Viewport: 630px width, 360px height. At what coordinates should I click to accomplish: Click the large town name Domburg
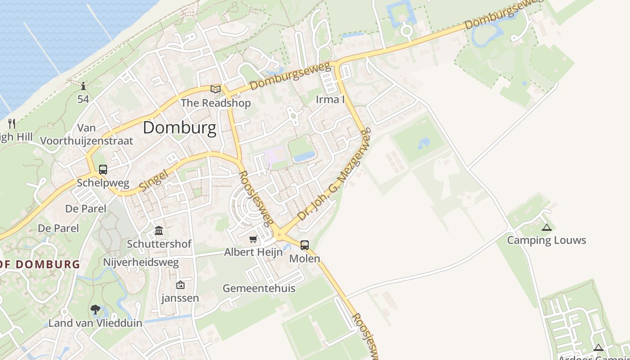tap(180, 128)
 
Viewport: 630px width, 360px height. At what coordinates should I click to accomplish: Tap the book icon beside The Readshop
tap(216, 89)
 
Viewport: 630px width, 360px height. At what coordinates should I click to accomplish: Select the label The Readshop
tap(216, 103)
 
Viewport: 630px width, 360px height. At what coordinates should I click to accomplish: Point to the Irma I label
tap(330, 99)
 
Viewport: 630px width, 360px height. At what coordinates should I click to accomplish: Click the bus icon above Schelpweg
tap(103, 170)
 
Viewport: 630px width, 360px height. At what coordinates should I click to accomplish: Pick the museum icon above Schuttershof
tap(159, 231)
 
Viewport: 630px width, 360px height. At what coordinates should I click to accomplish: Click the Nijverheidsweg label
tap(141, 262)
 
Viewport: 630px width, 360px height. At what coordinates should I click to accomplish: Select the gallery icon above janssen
tap(180, 285)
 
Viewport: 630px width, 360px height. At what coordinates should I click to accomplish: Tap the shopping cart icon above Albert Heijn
tap(253, 239)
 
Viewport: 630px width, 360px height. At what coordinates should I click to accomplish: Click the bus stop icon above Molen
tap(305, 245)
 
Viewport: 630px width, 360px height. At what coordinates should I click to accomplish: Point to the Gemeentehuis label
tap(259, 288)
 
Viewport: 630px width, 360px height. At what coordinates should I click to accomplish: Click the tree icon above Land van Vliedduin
tap(95, 310)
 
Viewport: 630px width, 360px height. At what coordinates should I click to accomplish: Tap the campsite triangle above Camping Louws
tap(547, 227)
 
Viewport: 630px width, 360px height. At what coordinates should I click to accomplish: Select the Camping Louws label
tap(546, 240)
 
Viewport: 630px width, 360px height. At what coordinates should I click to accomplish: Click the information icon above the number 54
tap(83, 86)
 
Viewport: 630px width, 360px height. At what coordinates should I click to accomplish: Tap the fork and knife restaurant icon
tap(12, 123)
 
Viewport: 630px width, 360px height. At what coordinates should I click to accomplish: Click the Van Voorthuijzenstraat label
tap(87, 135)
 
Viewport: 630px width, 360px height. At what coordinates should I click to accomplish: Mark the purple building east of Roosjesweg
tap(274, 156)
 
